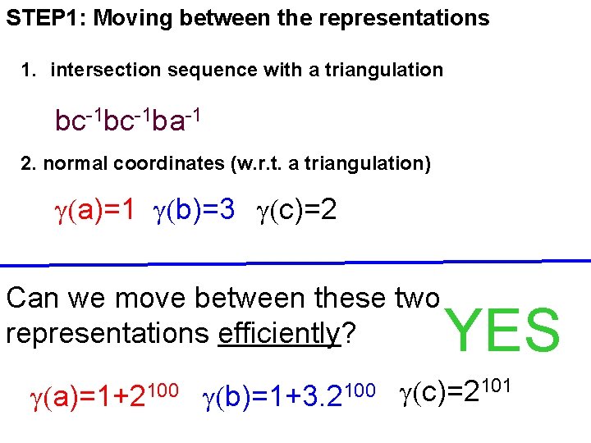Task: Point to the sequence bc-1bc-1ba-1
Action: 127,121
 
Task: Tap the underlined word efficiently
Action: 279,334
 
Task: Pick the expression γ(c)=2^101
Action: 456,393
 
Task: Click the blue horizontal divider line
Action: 295,263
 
